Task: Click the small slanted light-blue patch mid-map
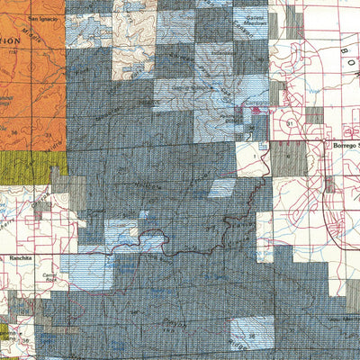[x=221, y=188]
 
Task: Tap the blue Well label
[x=314, y=91]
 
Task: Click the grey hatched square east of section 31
[x=314, y=115]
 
